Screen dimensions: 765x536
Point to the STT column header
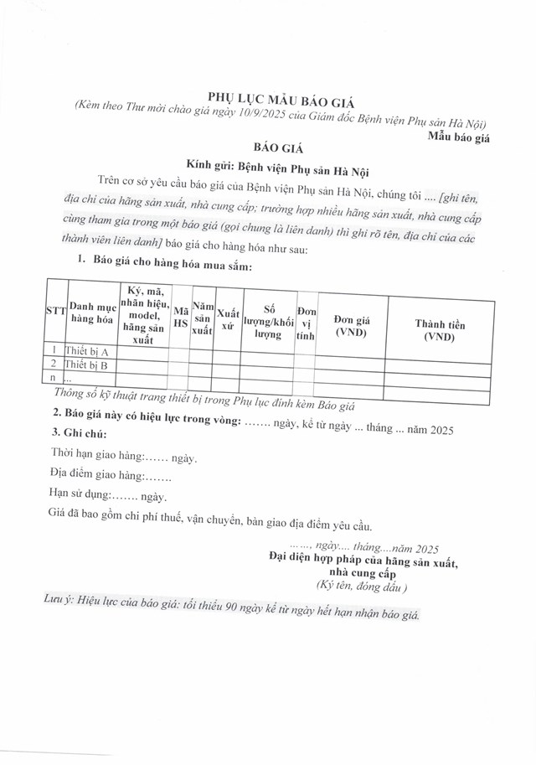[55, 311]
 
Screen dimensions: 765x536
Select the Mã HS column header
[180, 315]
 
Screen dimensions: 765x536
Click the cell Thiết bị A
[87, 351]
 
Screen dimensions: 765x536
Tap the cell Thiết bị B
[87, 365]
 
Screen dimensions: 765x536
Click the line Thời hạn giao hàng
[123, 459]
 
